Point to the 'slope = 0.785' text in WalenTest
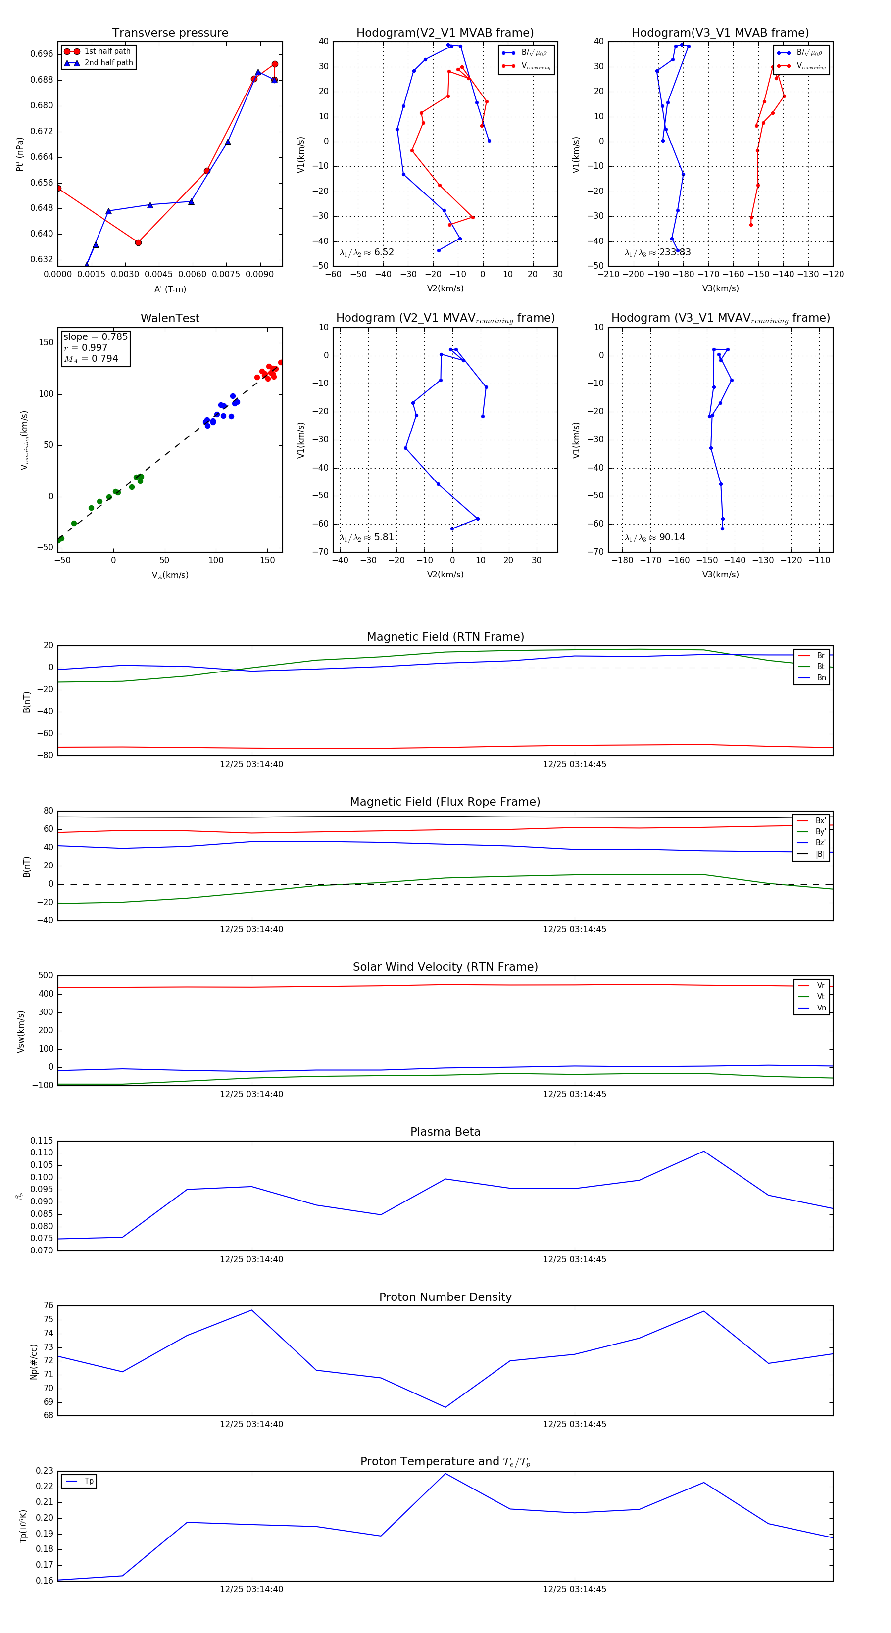pos(95,336)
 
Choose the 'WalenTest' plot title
pos(170,318)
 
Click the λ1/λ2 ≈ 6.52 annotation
pos(366,252)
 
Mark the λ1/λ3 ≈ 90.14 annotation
pos(654,537)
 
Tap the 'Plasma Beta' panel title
pos(445,1132)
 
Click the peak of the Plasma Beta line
pos(703,1151)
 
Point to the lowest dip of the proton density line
pos(445,1407)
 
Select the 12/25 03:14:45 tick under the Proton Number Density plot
pos(575,1424)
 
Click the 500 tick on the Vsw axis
pos(45,976)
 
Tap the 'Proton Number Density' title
pos(445,1297)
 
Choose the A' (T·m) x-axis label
pos(170,289)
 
